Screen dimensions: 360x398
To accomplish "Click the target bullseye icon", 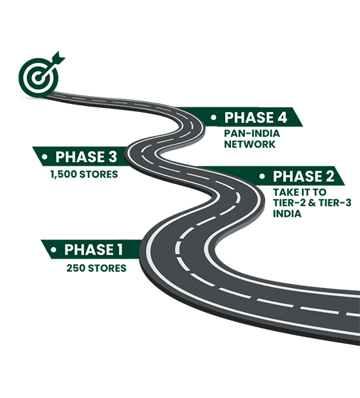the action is [x=39, y=77].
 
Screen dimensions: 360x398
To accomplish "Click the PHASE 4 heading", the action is [x=255, y=118].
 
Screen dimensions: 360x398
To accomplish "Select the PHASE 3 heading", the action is [x=86, y=156].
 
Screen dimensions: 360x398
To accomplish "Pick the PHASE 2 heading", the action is [x=304, y=176].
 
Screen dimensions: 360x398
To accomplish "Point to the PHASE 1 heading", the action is [x=94, y=249].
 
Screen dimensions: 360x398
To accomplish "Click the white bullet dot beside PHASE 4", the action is [x=213, y=118].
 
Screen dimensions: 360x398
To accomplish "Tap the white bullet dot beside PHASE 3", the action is [x=45, y=157].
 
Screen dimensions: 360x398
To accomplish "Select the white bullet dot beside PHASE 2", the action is [x=262, y=176].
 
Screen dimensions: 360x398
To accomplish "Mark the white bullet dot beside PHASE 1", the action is [x=53, y=250].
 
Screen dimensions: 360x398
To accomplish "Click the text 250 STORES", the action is [x=96, y=268].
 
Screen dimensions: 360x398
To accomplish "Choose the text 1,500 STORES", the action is [x=84, y=174].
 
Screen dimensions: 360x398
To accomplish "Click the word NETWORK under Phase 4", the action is [x=249, y=144].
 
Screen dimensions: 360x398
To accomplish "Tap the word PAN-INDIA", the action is [x=252, y=134].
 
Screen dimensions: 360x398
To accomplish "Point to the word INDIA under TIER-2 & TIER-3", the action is [x=287, y=213].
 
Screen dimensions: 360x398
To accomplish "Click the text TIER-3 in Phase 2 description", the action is [x=334, y=203].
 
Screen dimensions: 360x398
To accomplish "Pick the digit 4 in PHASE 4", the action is [x=281, y=118].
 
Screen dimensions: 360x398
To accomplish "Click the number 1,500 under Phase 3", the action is [x=63, y=174].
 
